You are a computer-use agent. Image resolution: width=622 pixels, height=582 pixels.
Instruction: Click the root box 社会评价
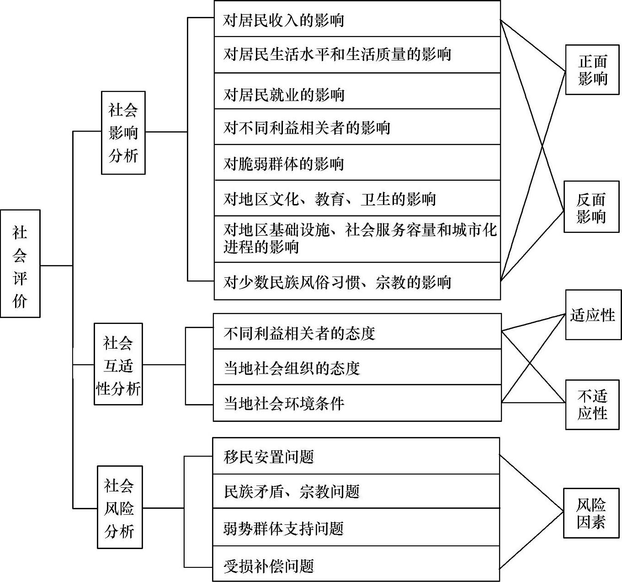coord(20,264)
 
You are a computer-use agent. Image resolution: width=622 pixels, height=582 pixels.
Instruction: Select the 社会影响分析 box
coord(123,133)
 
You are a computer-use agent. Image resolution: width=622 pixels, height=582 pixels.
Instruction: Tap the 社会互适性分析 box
coord(118,364)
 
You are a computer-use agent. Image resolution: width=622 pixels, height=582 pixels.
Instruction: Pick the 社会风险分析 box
coord(120,507)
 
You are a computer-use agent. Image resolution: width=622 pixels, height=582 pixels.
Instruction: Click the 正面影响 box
coord(592,70)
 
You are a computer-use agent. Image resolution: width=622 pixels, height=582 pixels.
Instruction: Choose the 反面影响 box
coord(591,207)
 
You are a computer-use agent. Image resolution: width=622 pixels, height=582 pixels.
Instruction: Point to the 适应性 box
coord(593,315)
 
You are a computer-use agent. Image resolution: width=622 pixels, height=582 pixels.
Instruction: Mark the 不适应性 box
coord(592,404)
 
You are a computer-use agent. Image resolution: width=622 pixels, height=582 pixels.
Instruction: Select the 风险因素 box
coord(591,513)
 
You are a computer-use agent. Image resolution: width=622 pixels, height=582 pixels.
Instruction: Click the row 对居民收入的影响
coord(357,20)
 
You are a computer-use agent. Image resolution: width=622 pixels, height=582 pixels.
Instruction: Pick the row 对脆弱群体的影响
coord(357,163)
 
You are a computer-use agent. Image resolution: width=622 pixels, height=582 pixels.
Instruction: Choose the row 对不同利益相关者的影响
coord(357,127)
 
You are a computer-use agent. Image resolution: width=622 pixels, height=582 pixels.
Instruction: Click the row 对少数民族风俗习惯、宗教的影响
coord(357,281)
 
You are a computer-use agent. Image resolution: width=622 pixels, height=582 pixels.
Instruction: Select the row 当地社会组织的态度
coord(357,367)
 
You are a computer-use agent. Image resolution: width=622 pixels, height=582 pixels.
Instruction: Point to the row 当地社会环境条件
coord(357,403)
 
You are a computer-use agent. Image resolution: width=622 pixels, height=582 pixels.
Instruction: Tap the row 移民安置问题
coord(356,456)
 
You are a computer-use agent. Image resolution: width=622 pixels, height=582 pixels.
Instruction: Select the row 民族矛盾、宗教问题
coord(356,491)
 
